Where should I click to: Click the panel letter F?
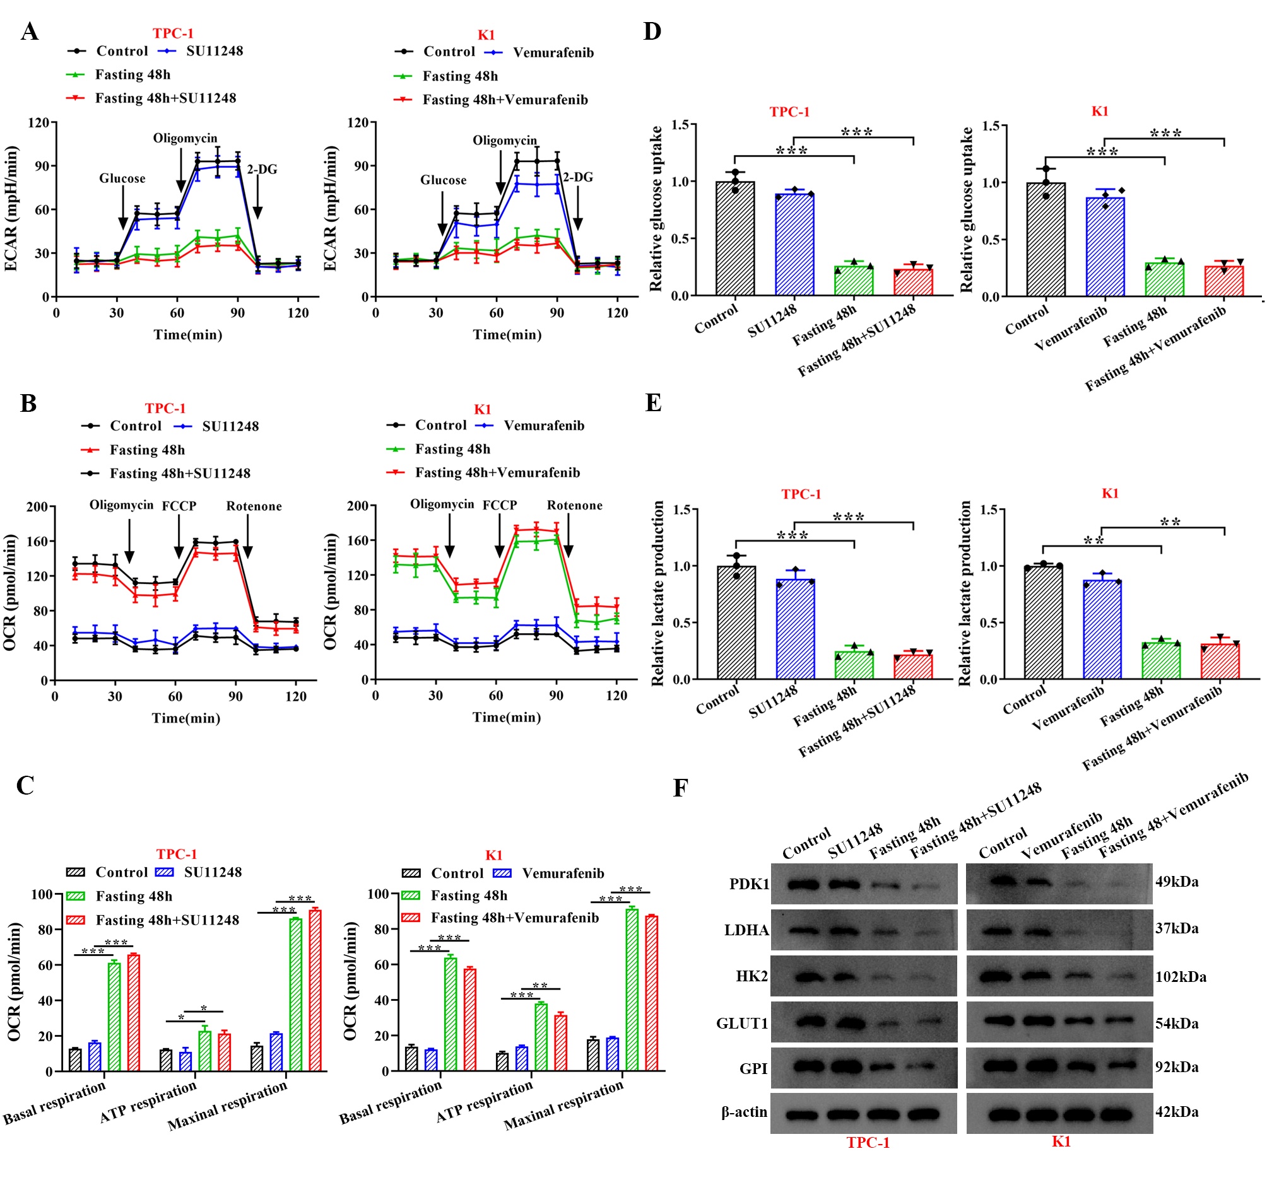pyautogui.click(x=680, y=788)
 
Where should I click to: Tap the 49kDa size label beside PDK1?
pyautogui.click(x=1177, y=882)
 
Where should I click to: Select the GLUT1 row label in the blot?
pyautogui.click(x=743, y=1023)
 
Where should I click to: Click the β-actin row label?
pyautogui.click(x=744, y=1112)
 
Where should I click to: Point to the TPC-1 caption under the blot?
pyautogui.click(x=868, y=1142)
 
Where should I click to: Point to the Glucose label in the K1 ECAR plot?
pyautogui.click(x=443, y=180)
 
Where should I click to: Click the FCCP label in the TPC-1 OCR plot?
pyautogui.click(x=179, y=506)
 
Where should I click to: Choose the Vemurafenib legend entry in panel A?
pyautogui.click(x=553, y=52)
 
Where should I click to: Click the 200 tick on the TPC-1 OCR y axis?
pyautogui.click(x=37, y=506)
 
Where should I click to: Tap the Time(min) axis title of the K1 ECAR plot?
pyautogui.click(x=507, y=334)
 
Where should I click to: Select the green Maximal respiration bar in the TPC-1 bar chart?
pyautogui.click(x=296, y=994)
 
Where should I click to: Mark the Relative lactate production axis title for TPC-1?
pyautogui.click(x=657, y=593)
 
